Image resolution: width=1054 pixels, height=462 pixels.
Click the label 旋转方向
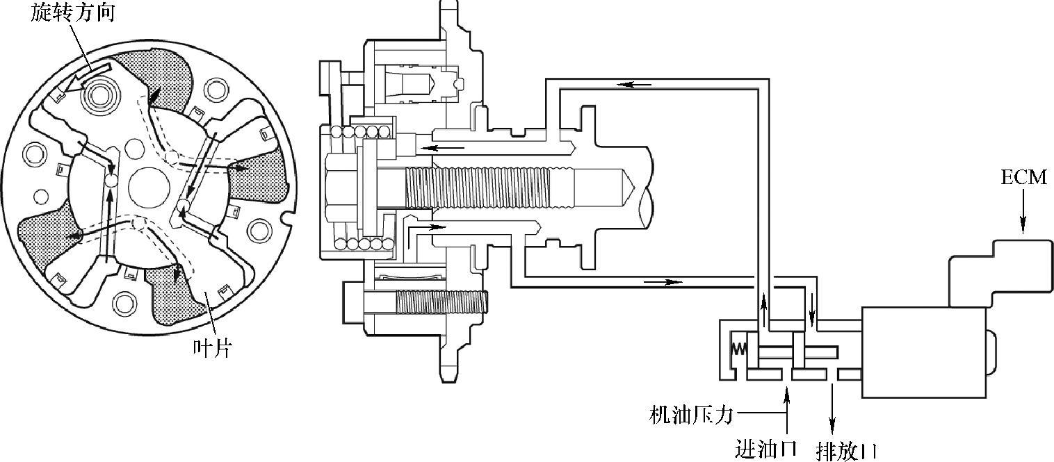pyautogui.click(x=72, y=13)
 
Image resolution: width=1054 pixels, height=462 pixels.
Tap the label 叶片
pyautogui.click(x=213, y=348)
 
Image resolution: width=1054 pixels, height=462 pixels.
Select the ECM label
pyautogui.click(x=1023, y=178)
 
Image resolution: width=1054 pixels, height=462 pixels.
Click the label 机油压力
pyautogui.click(x=691, y=415)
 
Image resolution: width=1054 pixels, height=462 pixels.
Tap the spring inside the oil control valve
pyautogui.click(x=739, y=349)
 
